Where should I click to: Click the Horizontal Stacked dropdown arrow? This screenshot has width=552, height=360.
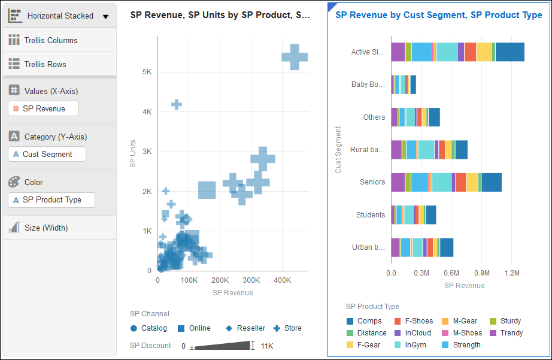[105, 16]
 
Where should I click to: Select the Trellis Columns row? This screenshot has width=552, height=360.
[51, 40]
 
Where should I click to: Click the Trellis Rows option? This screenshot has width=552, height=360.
[45, 64]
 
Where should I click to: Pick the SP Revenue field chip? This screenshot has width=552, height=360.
[43, 108]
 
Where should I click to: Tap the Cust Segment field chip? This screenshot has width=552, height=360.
[47, 154]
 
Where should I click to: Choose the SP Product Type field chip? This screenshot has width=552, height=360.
[51, 199]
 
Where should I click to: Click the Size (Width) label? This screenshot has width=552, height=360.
[46, 228]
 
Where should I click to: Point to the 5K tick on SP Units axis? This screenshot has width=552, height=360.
[147, 72]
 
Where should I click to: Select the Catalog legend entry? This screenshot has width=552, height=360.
[153, 328]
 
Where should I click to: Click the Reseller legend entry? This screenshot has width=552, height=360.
[250, 328]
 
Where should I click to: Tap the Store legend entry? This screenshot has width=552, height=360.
[293, 328]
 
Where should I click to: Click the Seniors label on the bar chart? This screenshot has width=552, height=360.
[372, 182]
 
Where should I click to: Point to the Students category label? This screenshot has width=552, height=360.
[371, 214]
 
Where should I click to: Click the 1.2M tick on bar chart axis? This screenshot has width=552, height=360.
[512, 273]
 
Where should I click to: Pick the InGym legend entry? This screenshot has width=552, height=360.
[414, 345]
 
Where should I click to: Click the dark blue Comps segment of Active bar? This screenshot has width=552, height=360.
[509, 52]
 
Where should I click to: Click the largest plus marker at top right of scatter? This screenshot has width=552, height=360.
[295, 57]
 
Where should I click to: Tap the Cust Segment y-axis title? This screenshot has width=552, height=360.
[338, 150]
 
